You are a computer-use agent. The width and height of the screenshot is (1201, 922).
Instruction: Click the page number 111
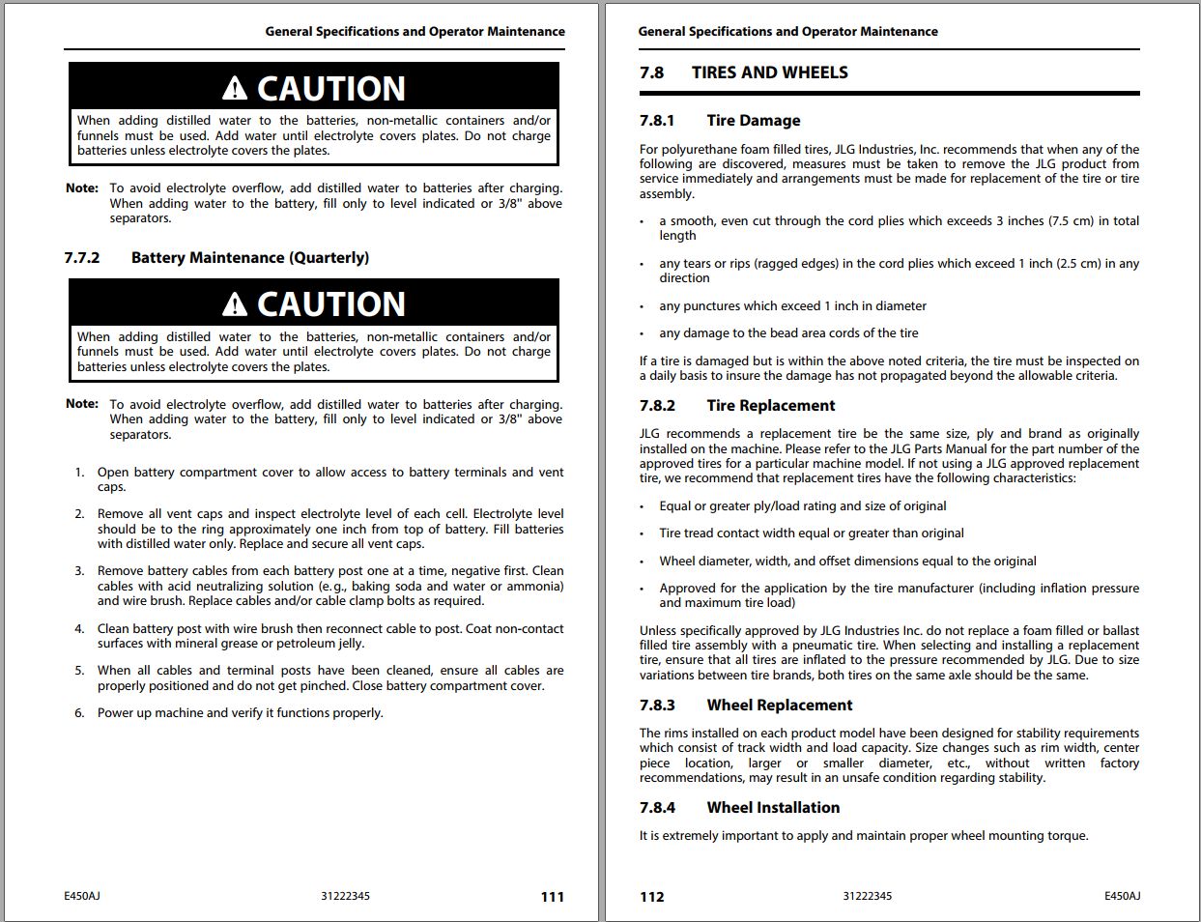click(552, 897)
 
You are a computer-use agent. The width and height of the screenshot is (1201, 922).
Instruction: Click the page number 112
click(652, 897)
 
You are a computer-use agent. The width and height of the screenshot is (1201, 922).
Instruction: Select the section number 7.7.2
click(82, 258)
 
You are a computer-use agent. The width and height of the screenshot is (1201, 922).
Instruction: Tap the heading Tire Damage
click(753, 121)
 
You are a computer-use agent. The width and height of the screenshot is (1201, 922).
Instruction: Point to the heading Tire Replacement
click(770, 406)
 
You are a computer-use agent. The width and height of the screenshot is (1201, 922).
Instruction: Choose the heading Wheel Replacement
click(779, 706)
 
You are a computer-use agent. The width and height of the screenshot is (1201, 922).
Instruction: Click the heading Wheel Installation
click(773, 808)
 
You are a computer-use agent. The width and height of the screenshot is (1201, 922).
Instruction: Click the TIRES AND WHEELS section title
click(769, 72)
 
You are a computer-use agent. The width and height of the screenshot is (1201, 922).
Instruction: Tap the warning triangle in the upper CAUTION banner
click(235, 89)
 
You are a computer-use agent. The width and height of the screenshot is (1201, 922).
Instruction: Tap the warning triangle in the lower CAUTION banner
click(235, 305)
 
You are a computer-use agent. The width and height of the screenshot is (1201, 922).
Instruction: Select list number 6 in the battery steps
click(79, 713)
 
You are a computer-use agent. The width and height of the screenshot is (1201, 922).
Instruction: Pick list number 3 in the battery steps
click(79, 571)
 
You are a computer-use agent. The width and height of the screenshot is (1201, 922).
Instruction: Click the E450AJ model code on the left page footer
click(82, 896)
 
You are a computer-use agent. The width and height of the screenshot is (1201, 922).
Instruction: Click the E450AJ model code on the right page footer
click(1122, 896)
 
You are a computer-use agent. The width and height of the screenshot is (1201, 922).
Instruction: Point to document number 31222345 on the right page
click(867, 896)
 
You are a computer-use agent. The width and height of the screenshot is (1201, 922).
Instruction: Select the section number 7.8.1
click(657, 121)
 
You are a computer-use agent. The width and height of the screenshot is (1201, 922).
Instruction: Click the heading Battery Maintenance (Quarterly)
click(250, 258)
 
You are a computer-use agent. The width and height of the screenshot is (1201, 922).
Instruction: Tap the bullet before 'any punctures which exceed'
click(643, 307)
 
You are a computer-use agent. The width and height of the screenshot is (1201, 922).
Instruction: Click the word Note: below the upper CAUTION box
click(82, 188)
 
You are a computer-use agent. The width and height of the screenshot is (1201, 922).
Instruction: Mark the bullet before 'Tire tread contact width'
click(643, 534)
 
